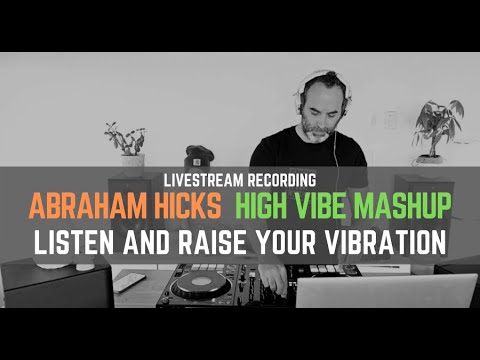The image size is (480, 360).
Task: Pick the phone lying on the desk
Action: tap(129, 283)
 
